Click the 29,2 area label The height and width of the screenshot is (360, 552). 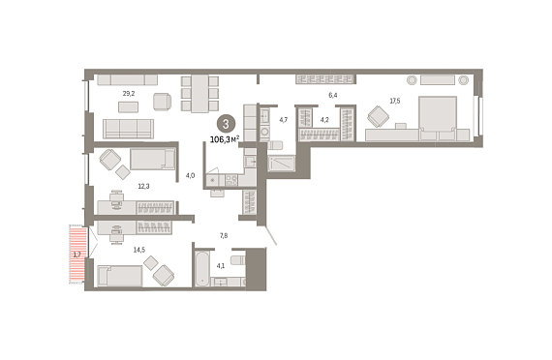tap(129, 94)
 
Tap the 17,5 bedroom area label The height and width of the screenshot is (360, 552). tap(395, 101)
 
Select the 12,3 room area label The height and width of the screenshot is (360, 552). tap(143, 186)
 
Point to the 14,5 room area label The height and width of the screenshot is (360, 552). tap(139, 250)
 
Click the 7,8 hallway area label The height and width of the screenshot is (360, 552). tap(224, 236)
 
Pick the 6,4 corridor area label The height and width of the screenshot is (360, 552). tap(333, 95)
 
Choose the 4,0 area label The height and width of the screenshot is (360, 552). tap(190, 175)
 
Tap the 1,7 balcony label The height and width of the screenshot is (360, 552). tap(77, 255)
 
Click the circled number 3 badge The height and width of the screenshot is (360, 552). tap(226, 124)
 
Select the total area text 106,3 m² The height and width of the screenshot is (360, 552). tap(225, 139)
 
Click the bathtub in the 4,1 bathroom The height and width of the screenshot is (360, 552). tap(202, 268)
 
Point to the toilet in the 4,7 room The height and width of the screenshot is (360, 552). tap(275, 145)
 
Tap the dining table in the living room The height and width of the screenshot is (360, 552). tap(199, 94)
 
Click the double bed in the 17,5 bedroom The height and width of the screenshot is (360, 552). tap(438, 119)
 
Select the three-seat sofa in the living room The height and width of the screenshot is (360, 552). tap(128, 129)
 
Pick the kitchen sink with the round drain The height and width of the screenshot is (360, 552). tap(213, 181)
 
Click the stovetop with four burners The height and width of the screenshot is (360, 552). tap(231, 180)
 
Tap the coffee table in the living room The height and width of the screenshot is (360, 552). tap(128, 107)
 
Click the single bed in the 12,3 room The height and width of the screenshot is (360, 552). tap(152, 159)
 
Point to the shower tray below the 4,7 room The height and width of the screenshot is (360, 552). tap(281, 164)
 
